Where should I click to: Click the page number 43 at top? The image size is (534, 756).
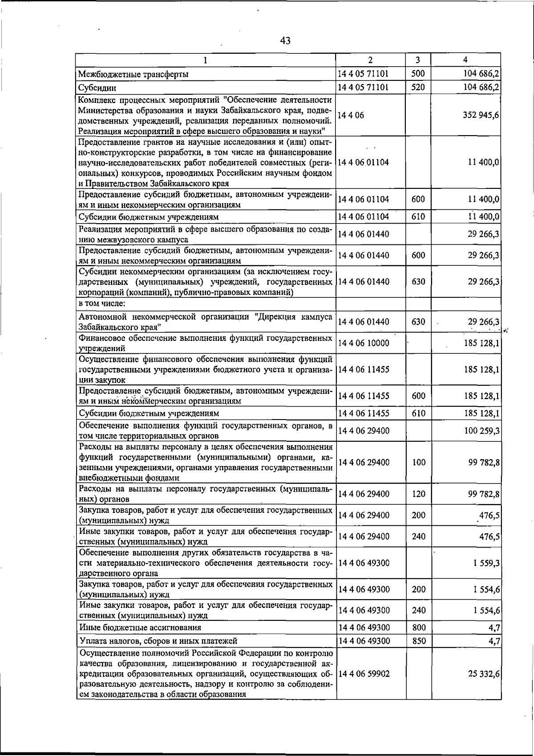point(285,41)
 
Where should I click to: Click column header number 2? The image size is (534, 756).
point(370,60)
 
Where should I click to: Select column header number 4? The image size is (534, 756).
point(465,60)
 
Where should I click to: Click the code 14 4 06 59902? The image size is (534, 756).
point(364,674)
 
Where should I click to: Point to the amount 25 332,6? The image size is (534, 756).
point(484,674)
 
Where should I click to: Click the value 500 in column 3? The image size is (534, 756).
point(418,74)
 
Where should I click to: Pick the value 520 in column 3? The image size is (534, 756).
point(418,88)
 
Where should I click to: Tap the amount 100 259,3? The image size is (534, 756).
point(482,431)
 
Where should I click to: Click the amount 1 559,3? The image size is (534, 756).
point(486,563)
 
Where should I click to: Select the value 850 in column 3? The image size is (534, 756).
point(418,641)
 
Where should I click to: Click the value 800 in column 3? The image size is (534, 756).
point(418,628)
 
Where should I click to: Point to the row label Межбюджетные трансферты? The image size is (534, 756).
point(133,74)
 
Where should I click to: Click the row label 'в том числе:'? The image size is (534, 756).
point(102,304)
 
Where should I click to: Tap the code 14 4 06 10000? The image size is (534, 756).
point(364,343)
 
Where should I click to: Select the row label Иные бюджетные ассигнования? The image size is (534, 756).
point(140,628)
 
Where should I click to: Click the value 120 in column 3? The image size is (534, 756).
point(418,494)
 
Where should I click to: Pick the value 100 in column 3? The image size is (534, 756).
point(418,462)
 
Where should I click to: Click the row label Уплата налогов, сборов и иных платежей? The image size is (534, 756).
point(158,641)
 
